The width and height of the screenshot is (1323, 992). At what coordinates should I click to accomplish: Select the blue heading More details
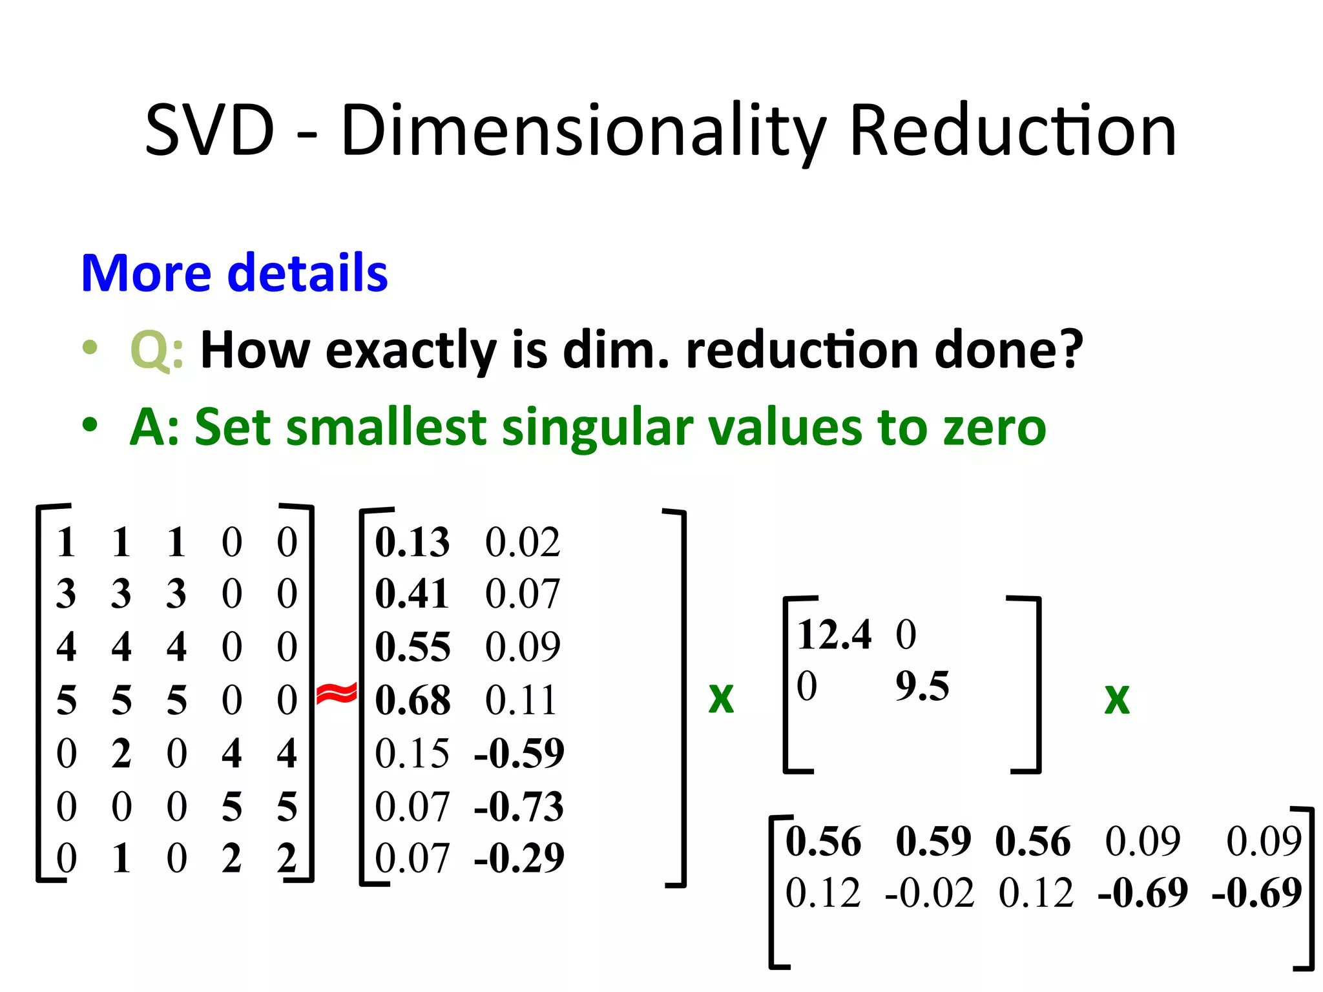coord(234,273)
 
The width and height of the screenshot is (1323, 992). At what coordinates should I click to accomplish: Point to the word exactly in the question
coord(411,351)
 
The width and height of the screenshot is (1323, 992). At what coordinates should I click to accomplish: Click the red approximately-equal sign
coord(336,694)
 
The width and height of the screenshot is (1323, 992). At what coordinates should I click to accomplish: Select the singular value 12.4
coord(834,634)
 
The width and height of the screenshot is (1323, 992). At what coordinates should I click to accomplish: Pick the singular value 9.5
coord(922,686)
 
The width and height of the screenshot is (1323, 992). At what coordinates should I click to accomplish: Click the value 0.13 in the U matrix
coord(412,542)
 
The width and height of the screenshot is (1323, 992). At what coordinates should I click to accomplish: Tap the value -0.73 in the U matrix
coord(519,807)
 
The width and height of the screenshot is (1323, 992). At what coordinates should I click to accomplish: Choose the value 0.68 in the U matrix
coord(412,701)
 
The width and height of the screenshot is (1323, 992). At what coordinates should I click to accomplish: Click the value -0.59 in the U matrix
coord(519,753)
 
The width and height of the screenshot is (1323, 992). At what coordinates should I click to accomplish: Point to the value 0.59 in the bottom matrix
coord(933,842)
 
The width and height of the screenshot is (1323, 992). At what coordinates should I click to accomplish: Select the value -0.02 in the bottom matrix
coord(929,893)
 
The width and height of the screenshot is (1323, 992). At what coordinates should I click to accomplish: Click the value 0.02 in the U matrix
coord(522,542)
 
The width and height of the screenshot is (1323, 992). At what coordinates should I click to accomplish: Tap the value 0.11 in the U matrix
coord(521,701)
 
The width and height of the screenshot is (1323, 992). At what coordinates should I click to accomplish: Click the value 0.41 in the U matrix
coord(412,594)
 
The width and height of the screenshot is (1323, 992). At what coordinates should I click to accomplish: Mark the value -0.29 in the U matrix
coord(519,858)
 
